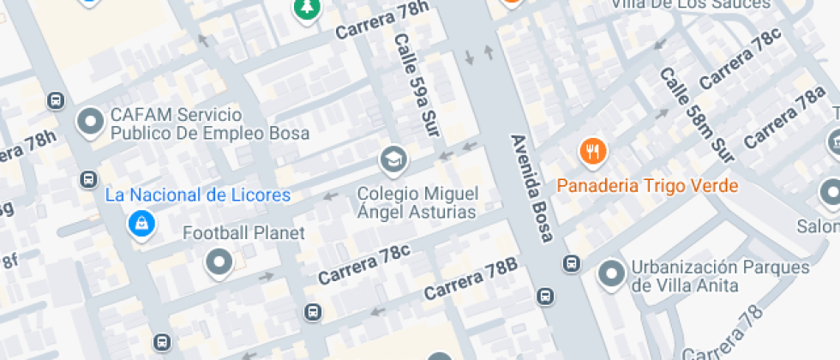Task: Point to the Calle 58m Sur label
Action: (696, 115)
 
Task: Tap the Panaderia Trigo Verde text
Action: (647, 185)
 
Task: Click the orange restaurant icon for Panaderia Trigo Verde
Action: (593, 153)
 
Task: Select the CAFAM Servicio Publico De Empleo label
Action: (209, 124)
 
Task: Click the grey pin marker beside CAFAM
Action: (90, 123)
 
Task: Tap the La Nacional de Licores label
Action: (198, 195)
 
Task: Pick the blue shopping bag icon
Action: (140, 225)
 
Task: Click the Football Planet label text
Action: (243, 232)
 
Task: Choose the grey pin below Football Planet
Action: (219, 262)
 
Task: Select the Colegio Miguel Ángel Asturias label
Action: (417, 202)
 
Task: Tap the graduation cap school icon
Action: (393, 159)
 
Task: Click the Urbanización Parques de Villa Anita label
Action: (719, 276)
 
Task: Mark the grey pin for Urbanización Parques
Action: (610, 274)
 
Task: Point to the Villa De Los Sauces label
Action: (690, 4)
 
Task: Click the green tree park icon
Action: (305, 9)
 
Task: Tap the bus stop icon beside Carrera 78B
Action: (544, 297)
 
